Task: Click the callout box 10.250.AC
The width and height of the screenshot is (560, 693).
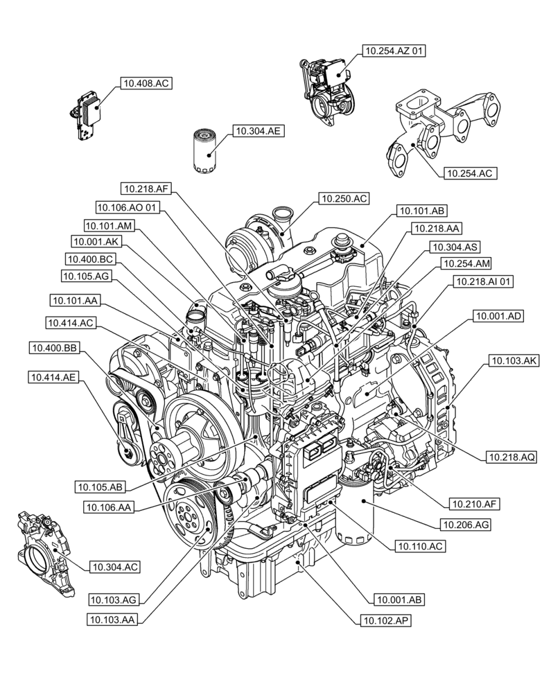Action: [x=344, y=199]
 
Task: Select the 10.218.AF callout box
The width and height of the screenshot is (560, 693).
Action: [x=146, y=188]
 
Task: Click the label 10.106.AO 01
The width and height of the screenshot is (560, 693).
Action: [x=128, y=207]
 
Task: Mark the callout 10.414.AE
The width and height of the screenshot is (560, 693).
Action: [x=53, y=378]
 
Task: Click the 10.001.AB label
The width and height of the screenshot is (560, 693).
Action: [x=400, y=599]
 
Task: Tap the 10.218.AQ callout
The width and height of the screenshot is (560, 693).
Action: [x=511, y=456]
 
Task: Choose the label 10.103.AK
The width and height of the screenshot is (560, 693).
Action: [x=513, y=360]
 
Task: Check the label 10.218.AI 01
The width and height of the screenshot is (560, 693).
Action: [x=484, y=282]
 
